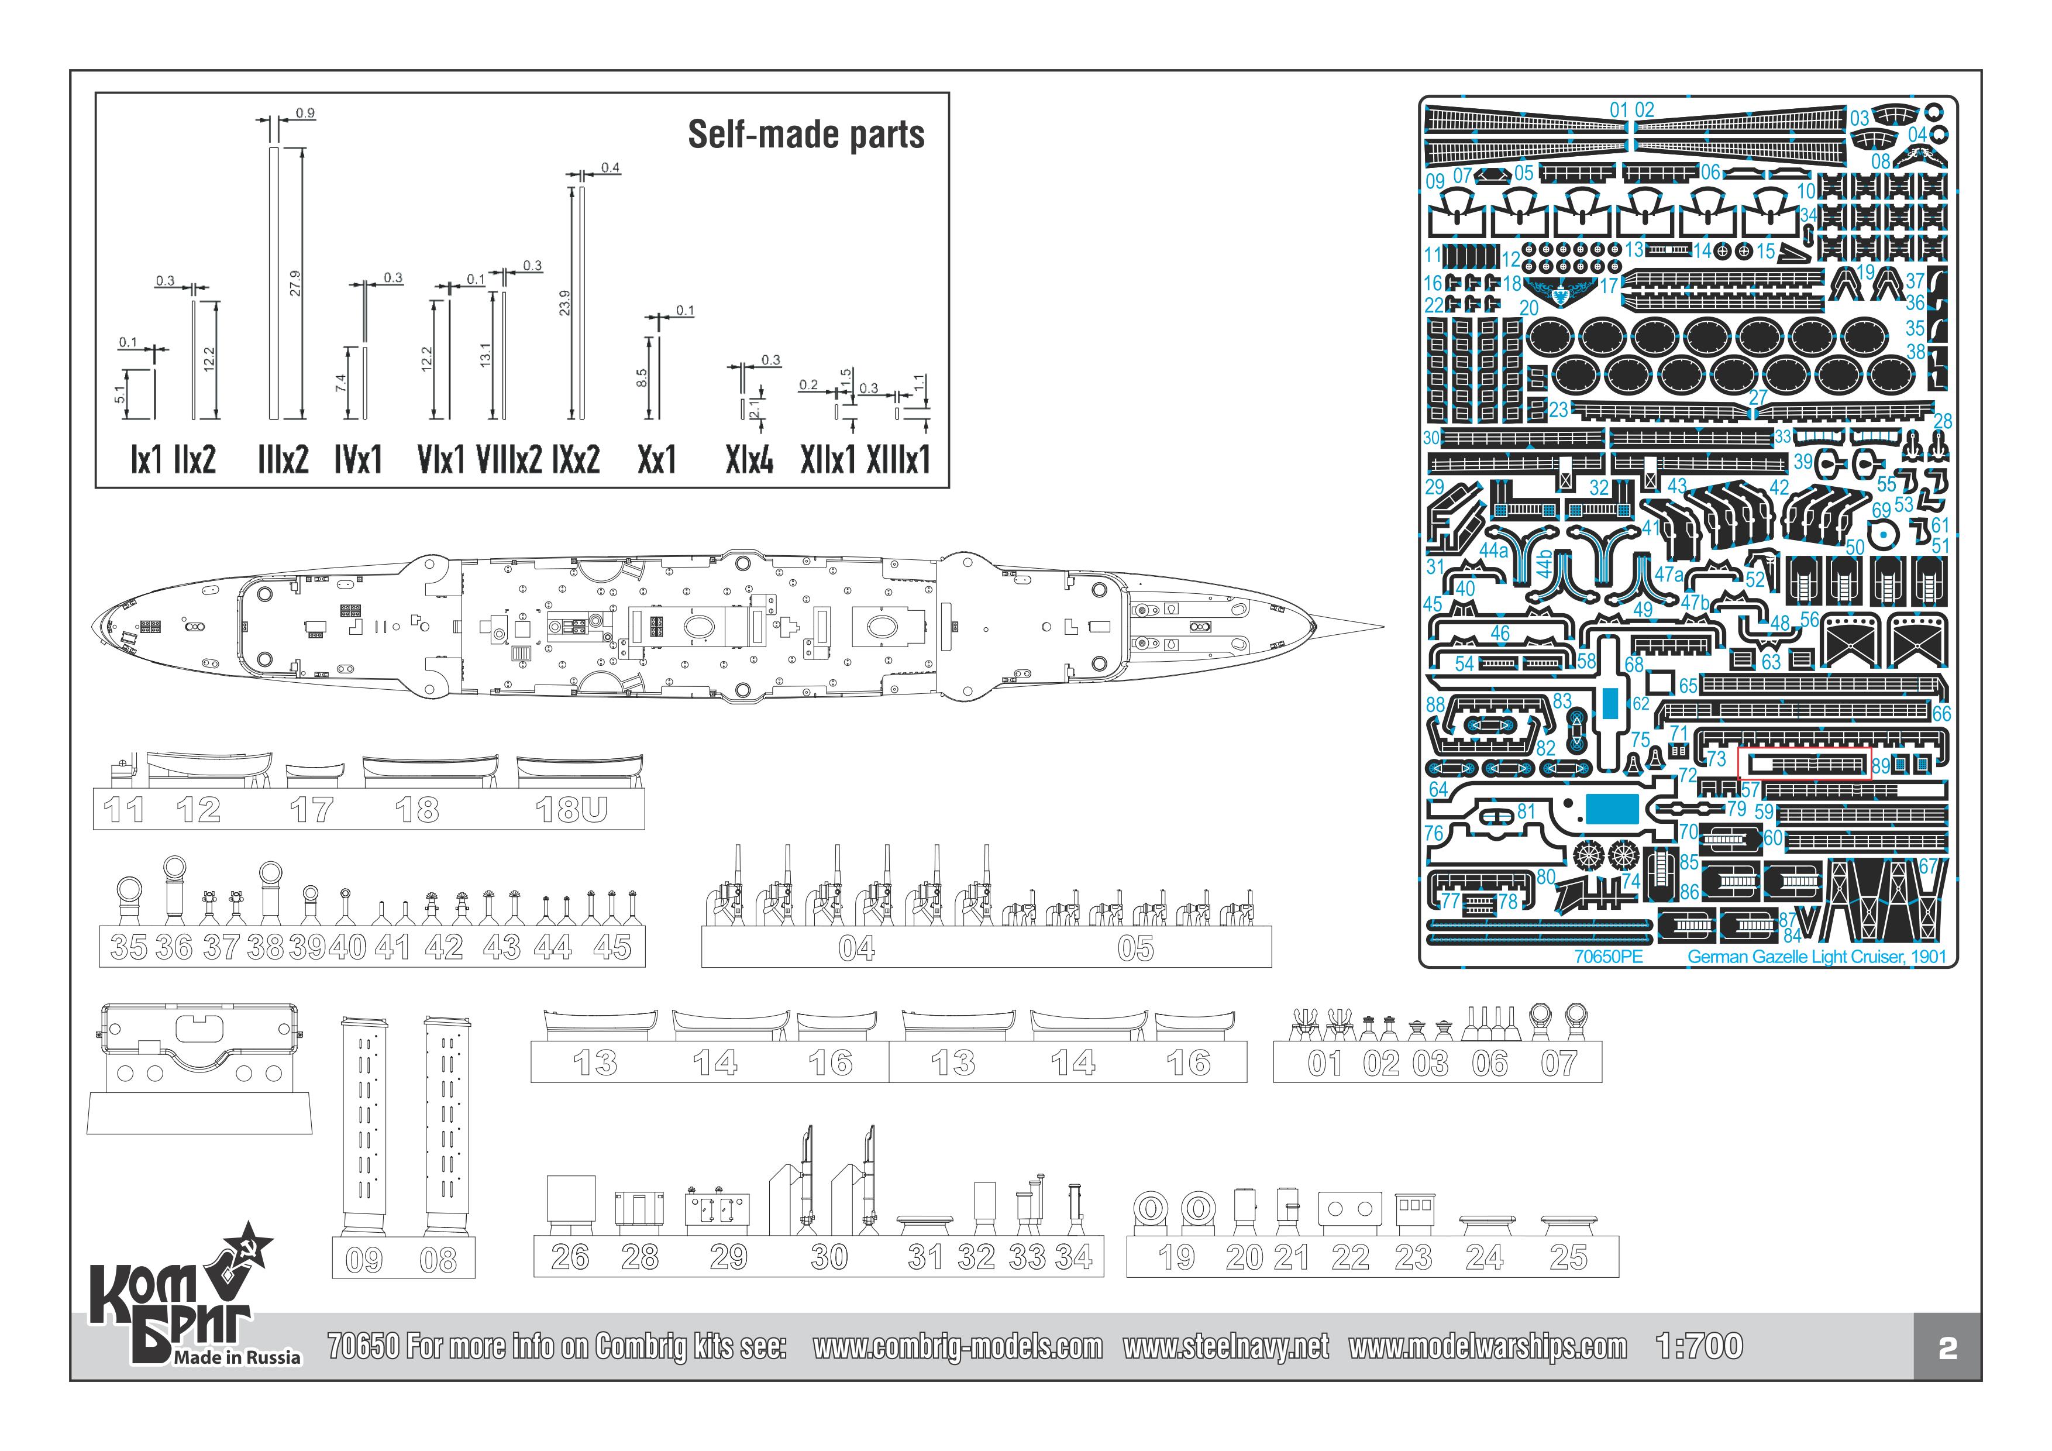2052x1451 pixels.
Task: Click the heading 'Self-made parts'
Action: [805, 135]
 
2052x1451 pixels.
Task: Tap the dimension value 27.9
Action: [295, 283]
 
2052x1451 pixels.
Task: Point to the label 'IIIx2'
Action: [283, 460]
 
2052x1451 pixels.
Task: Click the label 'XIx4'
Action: [749, 460]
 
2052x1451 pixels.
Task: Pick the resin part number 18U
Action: [570, 810]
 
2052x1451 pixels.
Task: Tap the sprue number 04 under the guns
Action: [856, 948]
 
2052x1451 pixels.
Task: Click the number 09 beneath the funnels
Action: [364, 1261]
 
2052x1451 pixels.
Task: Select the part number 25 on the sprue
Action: [1568, 1257]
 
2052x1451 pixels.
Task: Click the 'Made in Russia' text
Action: [237, 1357]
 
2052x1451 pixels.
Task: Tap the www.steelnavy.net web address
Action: [1225, 1346]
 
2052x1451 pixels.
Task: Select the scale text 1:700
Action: [1698, 1346]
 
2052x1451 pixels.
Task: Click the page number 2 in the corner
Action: [1947, 1348]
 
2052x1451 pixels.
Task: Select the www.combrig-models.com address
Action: [957, 1346]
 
